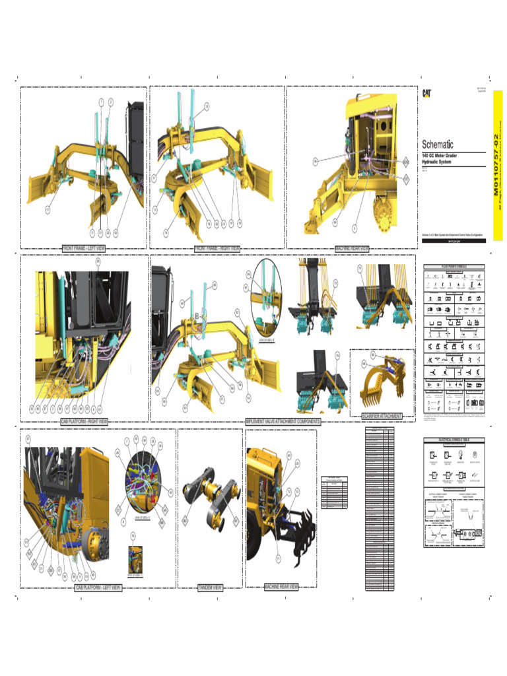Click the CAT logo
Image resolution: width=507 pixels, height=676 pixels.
[x=427, y=94]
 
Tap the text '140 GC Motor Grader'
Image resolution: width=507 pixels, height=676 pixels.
[x=439, y=155]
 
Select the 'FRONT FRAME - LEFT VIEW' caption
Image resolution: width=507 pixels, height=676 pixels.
[x=84, y=249]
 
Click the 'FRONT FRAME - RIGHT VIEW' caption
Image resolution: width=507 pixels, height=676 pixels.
[x=217, y=249]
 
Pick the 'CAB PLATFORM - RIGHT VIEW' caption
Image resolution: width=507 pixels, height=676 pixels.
[x=84, y=421]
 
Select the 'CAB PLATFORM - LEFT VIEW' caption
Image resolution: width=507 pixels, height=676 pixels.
[x=97, y=587]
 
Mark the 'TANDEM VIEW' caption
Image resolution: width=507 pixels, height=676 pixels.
[x=211, y=587]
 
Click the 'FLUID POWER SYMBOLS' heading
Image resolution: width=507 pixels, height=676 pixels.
[x=454, y=267]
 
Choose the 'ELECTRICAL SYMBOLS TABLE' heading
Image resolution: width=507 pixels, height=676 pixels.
[x=454, y=439]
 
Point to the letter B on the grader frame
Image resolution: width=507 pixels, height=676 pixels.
[x=197, y=317]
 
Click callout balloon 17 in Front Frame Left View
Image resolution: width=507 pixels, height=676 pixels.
[x=48, y=209]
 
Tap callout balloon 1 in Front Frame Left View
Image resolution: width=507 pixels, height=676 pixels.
[x=102, y=102]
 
